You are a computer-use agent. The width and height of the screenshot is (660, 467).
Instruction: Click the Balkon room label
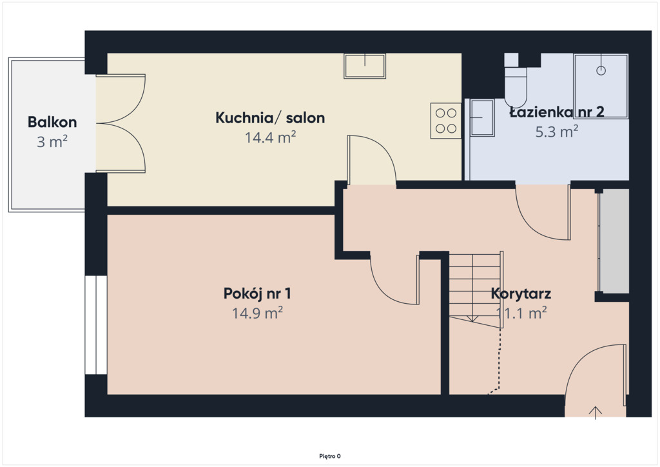(x=52, y=122)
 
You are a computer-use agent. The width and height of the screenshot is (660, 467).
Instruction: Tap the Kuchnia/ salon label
(x=270, y=118)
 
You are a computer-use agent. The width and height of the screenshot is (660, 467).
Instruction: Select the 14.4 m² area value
(x=270, y=137)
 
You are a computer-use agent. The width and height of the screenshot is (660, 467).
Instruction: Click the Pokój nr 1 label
(x=257, y=293)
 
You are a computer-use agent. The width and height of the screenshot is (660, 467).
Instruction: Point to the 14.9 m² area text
(x=257, y=313)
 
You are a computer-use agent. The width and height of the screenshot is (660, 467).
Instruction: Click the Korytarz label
(x=521, y=293)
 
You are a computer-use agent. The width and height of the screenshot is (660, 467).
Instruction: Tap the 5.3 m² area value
(x=556, y=132)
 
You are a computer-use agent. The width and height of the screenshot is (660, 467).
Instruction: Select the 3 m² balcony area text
(x=52, y=142)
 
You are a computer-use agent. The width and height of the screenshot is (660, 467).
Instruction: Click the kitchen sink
(x=365, y=66)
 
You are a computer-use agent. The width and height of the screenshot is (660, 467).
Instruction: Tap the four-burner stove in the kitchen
(x=446, y=121)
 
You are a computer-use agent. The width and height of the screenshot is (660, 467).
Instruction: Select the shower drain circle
(x=601, y=71)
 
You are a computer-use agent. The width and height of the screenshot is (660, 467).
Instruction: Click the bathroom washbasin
(x=482, y=118)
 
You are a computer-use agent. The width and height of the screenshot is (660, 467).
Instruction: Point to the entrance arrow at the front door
(x=595, y=413)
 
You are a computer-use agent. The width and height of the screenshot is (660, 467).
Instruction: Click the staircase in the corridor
(x=476, y=286)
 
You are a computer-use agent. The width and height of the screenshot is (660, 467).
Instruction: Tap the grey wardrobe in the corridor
(x=614, y=241)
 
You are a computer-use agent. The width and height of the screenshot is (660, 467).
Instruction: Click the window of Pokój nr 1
(x=96, y=325)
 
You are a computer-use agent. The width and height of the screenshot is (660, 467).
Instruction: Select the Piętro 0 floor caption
(x=330, y=456)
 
